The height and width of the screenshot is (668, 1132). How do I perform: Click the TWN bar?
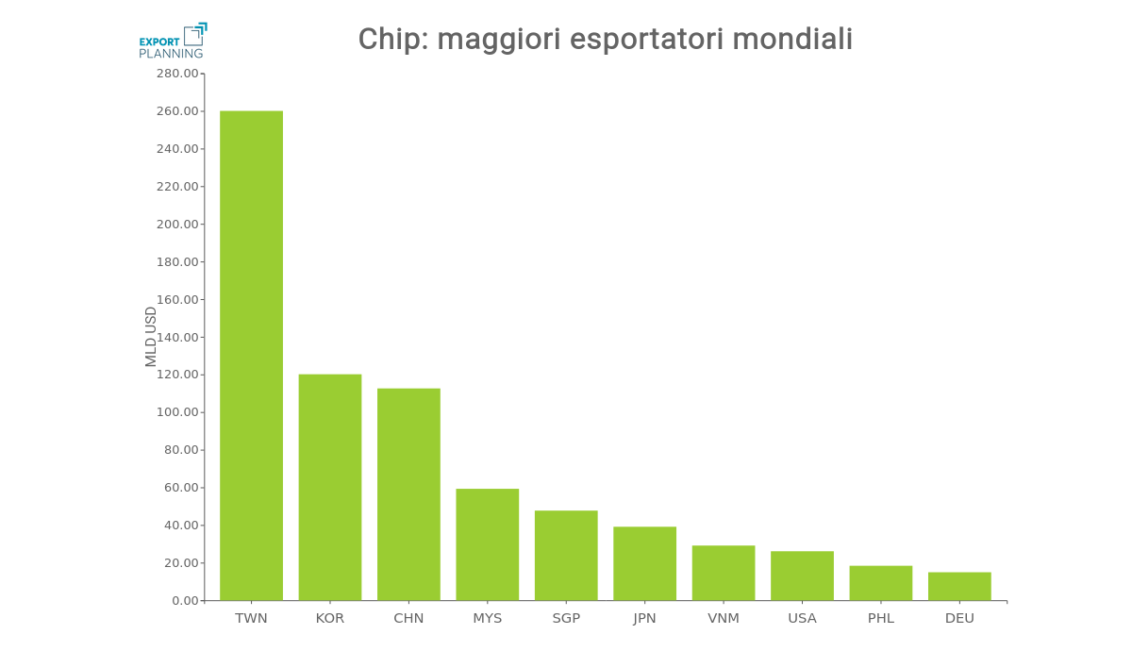tap(251, 356)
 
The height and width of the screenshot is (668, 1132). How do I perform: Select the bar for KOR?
tap(330, 487)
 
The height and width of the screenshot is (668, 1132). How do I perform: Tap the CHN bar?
tap(408, 494)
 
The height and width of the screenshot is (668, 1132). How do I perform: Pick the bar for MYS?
tap(488, 544)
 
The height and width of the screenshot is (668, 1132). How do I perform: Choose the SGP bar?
tap(566, 556)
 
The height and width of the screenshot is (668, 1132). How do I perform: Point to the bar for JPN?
tap(644, 563)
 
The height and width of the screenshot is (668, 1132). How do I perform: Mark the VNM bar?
tap(724, 573)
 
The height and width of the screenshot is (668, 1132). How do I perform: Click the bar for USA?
tap(802, 576)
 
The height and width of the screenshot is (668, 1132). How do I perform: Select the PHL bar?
tap(881, 583)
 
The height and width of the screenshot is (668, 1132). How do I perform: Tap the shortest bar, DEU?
tap(959, 586)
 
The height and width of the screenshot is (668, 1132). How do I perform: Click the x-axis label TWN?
tap(251, 618)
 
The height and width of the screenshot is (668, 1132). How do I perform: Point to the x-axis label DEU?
tap(959, 618)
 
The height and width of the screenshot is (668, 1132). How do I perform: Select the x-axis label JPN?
tap(644, 618)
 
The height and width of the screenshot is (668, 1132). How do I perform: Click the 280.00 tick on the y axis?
tap(177, 74)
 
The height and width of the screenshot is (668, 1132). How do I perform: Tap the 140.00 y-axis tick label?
tap(177, 337)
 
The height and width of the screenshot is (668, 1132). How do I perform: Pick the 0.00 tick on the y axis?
tap(186, 601)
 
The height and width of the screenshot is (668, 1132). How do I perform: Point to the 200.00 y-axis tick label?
tap(177, 225)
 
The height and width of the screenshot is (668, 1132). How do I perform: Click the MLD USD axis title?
tap(151, 337)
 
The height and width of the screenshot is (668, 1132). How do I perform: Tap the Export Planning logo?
tap(173, 42)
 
